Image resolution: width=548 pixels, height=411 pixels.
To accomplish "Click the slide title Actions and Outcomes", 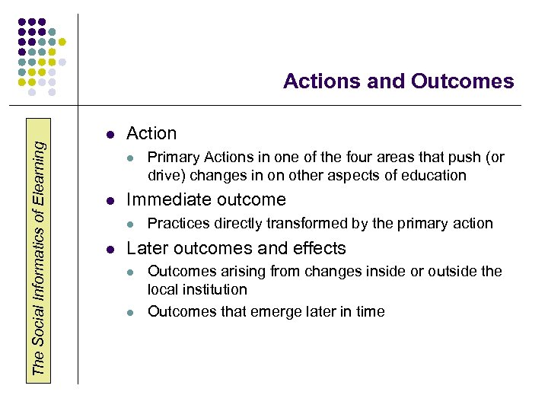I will click(x=398, y=81).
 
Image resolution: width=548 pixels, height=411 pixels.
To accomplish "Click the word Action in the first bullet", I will click(x=151, y=134).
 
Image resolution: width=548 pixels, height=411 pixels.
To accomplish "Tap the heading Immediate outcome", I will click(x=205, y=200).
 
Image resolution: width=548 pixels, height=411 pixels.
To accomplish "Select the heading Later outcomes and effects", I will click(x=236, y=248).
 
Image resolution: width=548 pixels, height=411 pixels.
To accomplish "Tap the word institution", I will click(x=217, y=290).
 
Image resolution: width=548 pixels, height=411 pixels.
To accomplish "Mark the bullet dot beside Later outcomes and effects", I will click(x=110, y=250).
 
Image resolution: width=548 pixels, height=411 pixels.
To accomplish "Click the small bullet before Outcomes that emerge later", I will click(x=131, y=313).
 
